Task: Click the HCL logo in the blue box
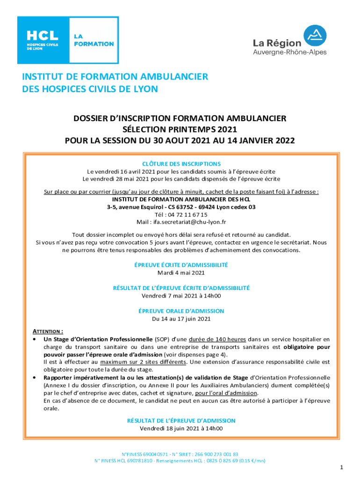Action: point(43,39)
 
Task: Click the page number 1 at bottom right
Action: point(342,468)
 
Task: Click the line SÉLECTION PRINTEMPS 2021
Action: point(180,130)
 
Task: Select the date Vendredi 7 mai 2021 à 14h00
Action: point(181,296)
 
